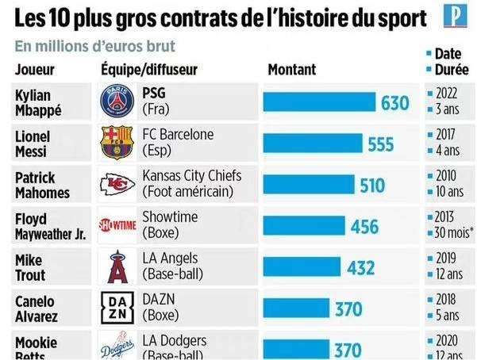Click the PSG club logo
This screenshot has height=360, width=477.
coord(118,102)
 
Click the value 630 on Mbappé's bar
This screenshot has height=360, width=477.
coord(394,103)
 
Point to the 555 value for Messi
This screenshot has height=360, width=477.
coord(381,144)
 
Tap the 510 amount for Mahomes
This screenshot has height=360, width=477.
coord(371,186)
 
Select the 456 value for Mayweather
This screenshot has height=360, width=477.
coord(364,227)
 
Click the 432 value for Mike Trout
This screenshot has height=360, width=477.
coord(360,268)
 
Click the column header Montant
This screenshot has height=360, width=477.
coord(291,70)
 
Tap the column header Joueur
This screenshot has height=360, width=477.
coord(35,70)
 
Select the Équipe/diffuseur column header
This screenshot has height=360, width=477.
coord(149,70)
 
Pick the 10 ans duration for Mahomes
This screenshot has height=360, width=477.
coord(450,193)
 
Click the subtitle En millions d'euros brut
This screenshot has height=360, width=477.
coord(95,47)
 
